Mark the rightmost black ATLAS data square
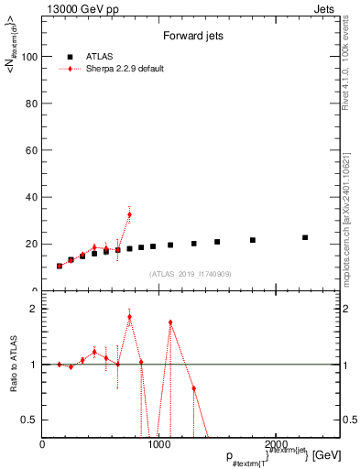pos(305,237)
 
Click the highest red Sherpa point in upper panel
pos(129,214)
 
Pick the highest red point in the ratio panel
pos(129,317)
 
